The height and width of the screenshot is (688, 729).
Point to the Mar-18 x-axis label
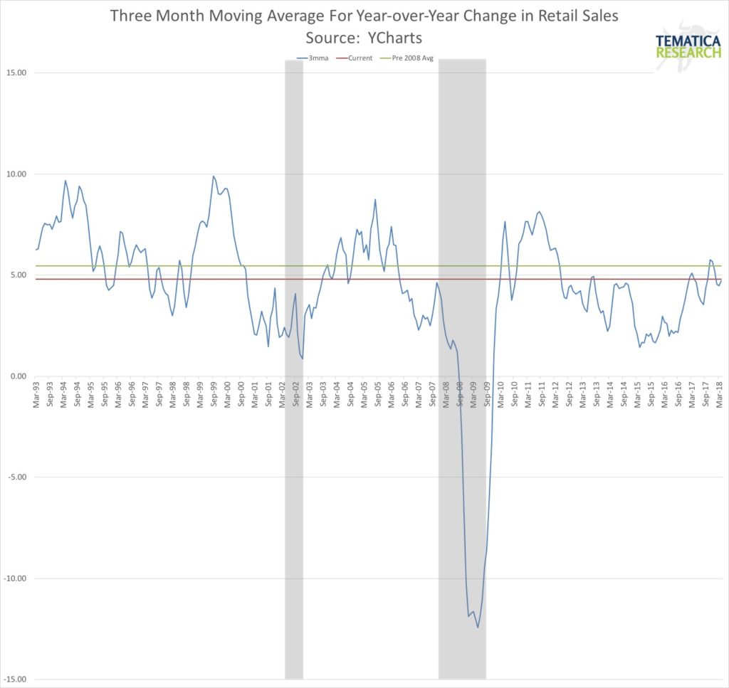(720, 395)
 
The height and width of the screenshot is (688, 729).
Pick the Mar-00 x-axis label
(228, 395)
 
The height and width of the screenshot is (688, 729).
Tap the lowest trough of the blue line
(478, 627)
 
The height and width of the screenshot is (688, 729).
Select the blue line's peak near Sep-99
(213, 176)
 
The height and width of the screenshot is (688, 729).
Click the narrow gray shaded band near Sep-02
(294, 370)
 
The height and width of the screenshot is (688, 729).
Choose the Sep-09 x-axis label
(487, 395)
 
